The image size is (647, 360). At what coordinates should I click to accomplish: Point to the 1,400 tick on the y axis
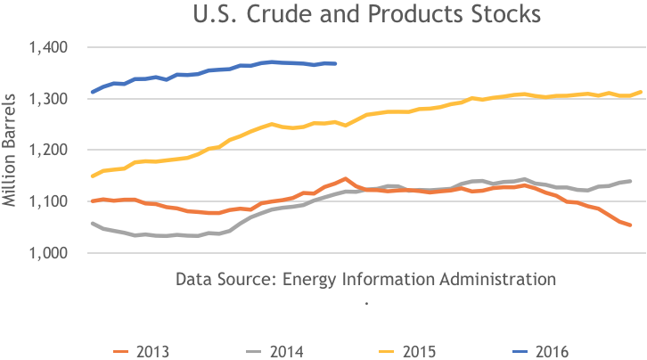click(55, 47)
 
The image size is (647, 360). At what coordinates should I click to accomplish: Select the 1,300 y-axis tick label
click(55, 99)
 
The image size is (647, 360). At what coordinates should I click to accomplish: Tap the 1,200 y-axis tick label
click(55, 151)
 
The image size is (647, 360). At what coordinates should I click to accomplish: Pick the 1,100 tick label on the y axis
click(55, 202)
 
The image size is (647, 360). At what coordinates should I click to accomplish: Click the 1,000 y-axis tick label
click(55, 254)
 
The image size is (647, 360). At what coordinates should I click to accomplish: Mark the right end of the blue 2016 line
click(335, 63)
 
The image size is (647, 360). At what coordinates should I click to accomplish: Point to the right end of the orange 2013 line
click(630, 225)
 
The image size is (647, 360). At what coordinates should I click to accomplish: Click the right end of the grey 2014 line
click(630, 181)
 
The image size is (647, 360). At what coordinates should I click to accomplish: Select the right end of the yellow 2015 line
click(642, 92)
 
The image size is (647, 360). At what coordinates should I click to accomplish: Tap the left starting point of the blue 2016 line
click(92, 92)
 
